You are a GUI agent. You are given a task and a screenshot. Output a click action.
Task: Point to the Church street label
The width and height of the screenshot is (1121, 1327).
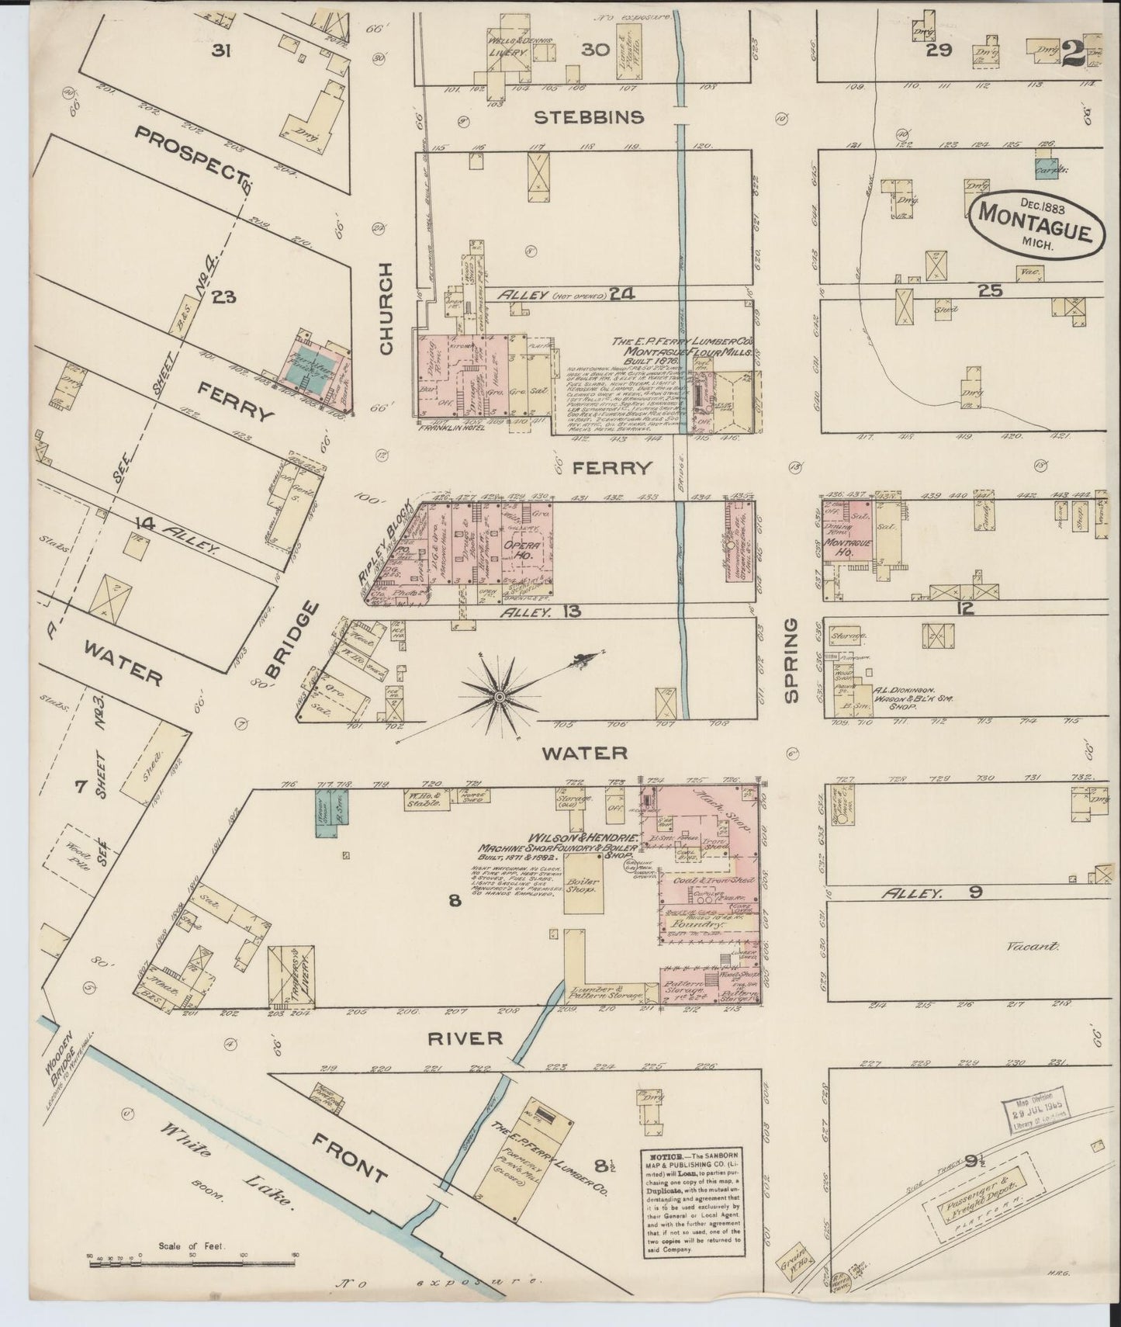point(387,309)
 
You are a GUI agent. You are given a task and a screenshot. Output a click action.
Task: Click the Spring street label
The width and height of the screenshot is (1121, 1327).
point(791,660)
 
